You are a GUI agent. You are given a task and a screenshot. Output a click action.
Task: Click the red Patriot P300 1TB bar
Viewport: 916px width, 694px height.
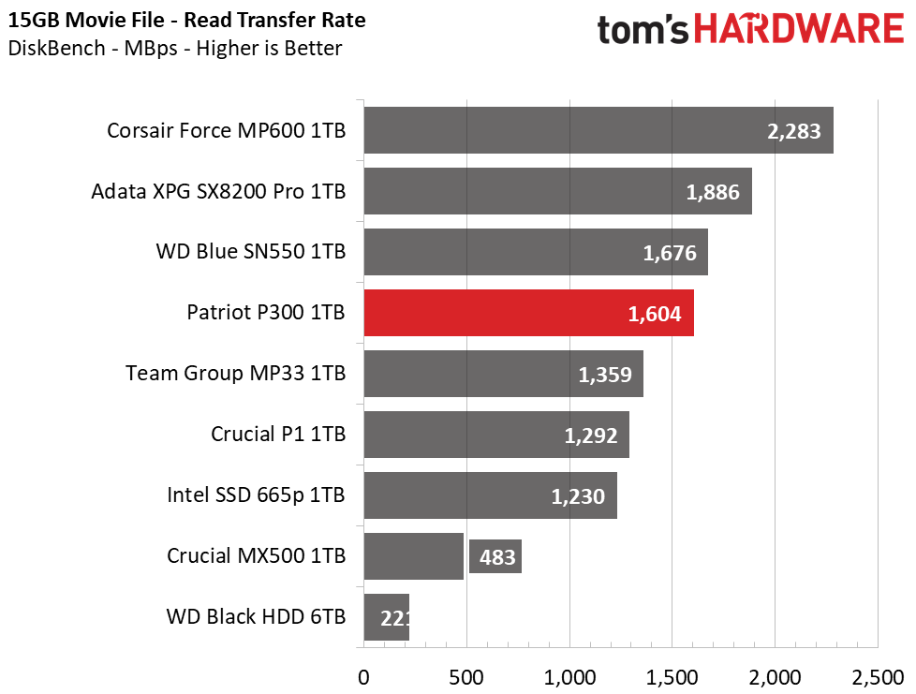[x=528, y=313]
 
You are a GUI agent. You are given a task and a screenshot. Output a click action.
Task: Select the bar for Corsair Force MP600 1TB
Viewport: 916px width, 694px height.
[x=598, y=130]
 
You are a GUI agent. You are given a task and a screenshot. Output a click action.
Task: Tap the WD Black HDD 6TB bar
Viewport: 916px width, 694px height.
[x=386, y=617]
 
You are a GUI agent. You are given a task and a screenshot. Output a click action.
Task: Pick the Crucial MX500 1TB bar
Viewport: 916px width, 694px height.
[x=414, y=556]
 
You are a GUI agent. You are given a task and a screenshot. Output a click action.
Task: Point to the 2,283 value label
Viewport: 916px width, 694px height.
[x=794, y=131]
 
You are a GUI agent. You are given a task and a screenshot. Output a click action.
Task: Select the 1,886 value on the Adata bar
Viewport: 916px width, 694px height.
[x=713, y=192]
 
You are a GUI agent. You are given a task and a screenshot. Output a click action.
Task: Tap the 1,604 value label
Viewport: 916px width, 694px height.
[x=655, y=315]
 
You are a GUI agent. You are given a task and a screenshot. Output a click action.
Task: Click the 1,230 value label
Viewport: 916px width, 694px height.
[x=578, y=496]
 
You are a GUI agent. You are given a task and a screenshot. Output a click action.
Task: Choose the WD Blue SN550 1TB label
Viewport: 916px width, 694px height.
[x=251, y=251]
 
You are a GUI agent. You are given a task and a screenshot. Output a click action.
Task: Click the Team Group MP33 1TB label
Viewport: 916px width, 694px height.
[x=236, y=374]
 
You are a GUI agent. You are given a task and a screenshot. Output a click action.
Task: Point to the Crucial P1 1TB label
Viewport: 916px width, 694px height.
[x=279, y=434]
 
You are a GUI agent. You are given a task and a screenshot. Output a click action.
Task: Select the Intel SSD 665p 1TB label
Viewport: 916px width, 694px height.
[x=256, y=495]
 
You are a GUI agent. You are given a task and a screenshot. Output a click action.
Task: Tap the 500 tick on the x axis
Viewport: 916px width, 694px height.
[x=466, y=678]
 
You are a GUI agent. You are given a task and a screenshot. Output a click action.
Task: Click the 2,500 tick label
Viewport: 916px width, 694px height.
[x=878, y=678]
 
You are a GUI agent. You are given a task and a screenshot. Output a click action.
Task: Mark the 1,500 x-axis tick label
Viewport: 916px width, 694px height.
[x=672, y=678]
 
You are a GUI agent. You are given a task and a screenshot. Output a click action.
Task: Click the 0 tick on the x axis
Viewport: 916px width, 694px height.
[x=364, y=678]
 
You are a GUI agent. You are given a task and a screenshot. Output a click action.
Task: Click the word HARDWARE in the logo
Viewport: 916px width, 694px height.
[x=799, y=29]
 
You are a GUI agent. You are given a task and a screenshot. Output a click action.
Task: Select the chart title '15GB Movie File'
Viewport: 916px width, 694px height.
[x=86, y=20]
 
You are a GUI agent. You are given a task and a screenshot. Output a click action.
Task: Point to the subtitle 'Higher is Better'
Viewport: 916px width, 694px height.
[x=269, y=48]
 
